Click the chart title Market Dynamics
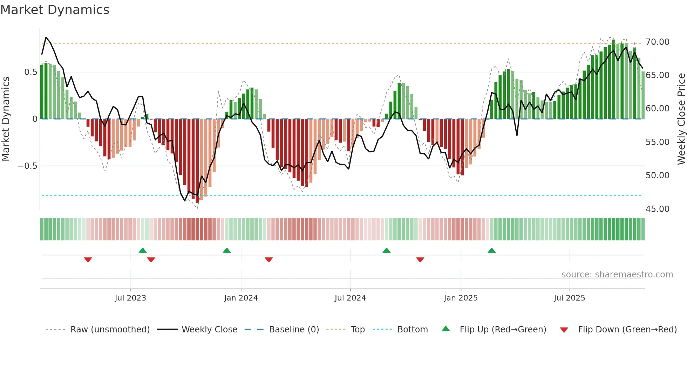tap(55, 10)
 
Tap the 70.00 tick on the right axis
tap(657, 42)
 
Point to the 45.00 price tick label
tap(657, 209)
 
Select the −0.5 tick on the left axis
tap(28, 166)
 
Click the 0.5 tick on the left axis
tap(30, 72)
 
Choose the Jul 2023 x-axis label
tap(130, 298)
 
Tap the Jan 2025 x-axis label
tap(461, 298)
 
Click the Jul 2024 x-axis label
tap(350, 298)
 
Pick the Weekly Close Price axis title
tap(681, 119)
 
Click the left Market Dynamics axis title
tap(6, 119)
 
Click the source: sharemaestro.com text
tap(617, 275)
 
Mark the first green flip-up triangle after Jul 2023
tap(143, 251)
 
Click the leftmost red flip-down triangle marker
tap(88, 260)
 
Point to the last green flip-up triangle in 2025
tap(492, 251)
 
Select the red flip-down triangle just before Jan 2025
tap(420, 260)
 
